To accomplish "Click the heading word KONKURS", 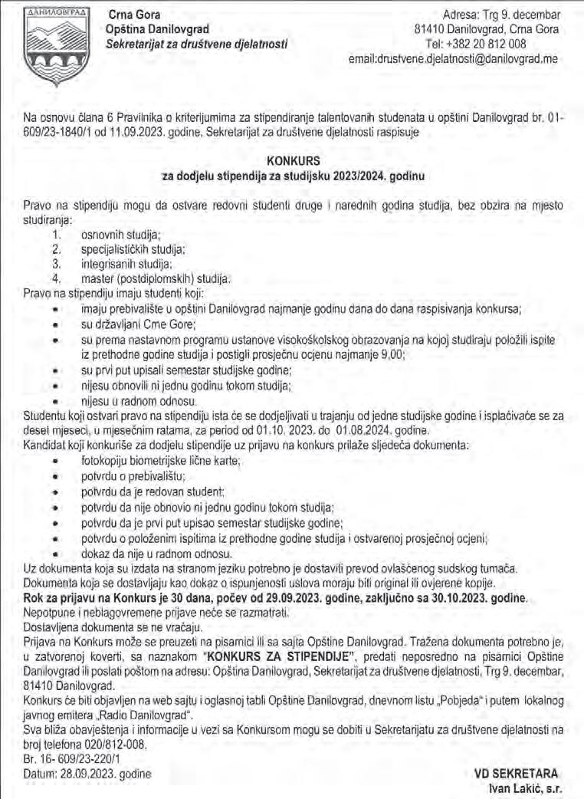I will tap(292, 161).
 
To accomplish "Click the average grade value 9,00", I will tap(387, 353).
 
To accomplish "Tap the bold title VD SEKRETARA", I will tap(517, 773).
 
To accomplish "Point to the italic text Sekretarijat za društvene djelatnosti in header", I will tap(198, 44).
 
